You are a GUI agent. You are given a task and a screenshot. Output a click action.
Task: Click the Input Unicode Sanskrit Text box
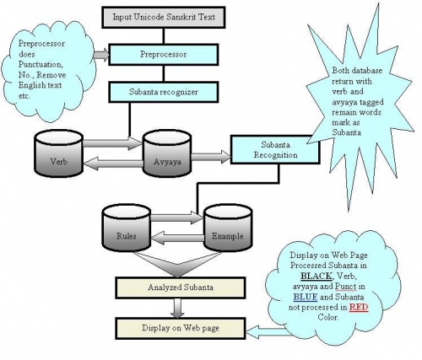click(164, 18)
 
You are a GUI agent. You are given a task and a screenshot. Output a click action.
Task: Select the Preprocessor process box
click(164, 55)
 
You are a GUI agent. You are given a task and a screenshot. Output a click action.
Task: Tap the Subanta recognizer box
click(164, 92)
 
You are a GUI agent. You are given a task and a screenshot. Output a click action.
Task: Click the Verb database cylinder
click(58, 153)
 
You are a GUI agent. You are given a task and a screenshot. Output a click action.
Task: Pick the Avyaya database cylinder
click(167, 153)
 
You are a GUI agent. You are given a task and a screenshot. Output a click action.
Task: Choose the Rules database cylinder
click(127, 228)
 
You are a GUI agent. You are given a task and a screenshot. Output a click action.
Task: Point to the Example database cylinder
click(228, 228)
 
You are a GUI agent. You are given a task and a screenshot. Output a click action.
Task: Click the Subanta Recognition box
click(275, 150)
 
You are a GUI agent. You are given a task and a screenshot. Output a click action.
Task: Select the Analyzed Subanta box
click(181, 287)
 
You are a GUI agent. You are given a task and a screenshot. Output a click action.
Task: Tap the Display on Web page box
click(181, 328)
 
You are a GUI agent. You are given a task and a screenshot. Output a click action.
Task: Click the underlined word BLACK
click(316, 276)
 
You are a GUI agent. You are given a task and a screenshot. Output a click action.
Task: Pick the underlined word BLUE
click(306, 297)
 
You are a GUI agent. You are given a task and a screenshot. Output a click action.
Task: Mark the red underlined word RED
click(359, 308)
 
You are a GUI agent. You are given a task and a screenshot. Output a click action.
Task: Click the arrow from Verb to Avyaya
click(112, 143)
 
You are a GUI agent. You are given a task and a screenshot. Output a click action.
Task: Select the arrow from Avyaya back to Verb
click(113, 164)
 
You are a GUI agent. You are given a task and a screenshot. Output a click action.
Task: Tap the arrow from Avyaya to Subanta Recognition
click(211, 157)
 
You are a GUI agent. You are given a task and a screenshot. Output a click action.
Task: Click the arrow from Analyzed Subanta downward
click(177, 308)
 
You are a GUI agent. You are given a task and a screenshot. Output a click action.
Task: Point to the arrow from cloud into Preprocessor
click(101, 55)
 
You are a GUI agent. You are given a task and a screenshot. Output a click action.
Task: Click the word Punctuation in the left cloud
click(41, 65)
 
